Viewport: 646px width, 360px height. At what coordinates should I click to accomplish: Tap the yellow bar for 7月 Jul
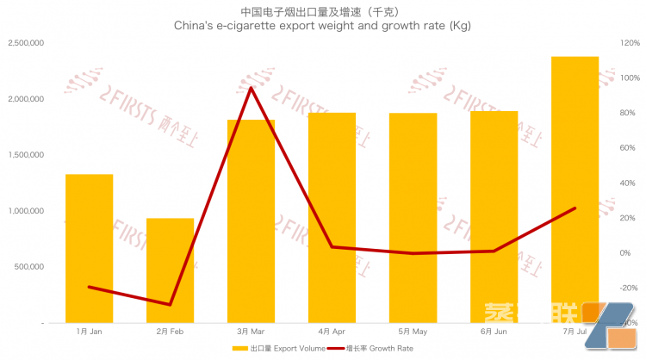click(x=575, y=189)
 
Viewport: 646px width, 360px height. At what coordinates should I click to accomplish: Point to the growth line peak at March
click(x=251, y=88)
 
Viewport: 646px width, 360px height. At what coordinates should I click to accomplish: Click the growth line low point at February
click(x=170, y=304)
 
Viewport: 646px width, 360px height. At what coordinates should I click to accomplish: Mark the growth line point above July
click(x=575, y=208)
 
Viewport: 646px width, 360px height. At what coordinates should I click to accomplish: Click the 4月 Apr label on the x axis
click(x=332, y=331)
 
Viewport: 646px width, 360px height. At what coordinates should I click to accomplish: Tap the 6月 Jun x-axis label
click(x=494, y=331)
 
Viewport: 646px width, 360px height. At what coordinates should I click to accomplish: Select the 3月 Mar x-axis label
click(x=251, y=331)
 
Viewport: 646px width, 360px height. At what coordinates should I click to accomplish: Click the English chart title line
click(x=322, y=27)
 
